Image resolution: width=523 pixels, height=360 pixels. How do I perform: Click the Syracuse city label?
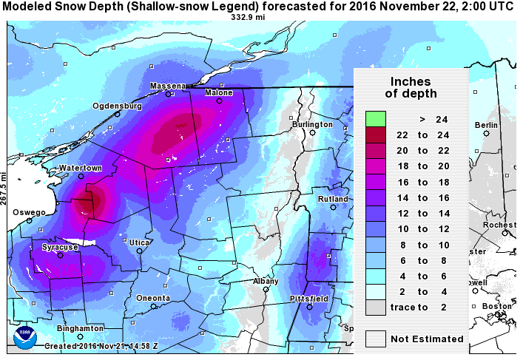click(x=60, y=247)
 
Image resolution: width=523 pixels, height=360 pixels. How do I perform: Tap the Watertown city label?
click(x=81, y=169)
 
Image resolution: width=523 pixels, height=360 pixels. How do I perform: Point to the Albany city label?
click(x=266, y=282)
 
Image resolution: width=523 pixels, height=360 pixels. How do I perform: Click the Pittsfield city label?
click(x=309, y=298)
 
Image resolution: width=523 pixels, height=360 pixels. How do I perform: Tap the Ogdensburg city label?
click(x=117, y=106)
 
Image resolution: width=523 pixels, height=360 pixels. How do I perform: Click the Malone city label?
click(x=219, y=93)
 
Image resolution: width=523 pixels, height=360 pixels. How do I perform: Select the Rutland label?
click(x=333, y=200)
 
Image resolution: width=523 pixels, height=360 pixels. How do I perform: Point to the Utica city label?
click(x=139, y=242)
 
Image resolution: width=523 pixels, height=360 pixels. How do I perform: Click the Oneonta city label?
click(x=153, y=298)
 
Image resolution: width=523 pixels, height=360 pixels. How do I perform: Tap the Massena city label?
click(x=168, y=86)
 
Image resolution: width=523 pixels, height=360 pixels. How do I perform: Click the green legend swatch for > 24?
click(x=376, y=119)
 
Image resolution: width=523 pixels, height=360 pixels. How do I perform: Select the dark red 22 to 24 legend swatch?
click(x=376, y=135)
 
